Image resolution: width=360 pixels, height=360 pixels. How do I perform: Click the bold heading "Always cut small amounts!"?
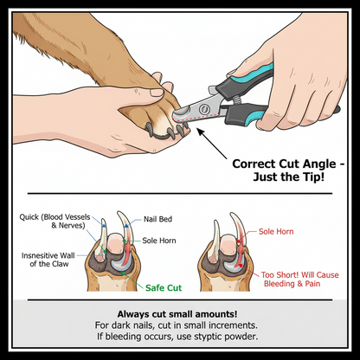[x=180, y=313]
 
